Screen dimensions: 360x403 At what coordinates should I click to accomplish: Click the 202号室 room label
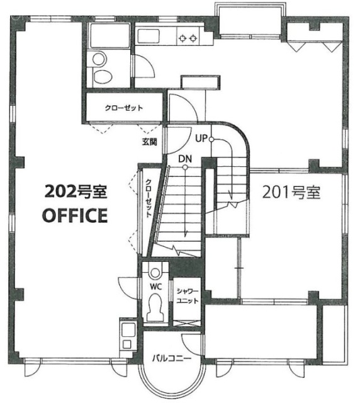[x=76, y=192]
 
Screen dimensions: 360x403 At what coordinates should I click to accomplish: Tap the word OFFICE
[x=75, y=215]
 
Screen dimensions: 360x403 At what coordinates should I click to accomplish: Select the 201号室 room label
[x=291, y=192]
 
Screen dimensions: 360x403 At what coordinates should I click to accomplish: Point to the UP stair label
[x=201, y=139]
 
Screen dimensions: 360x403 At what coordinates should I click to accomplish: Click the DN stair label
[x=185, y=159]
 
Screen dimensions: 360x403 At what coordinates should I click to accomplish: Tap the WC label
[x=156, y=287]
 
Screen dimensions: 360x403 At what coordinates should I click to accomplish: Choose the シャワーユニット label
[x=188, y=296]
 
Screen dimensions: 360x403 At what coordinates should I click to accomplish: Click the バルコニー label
[x=172, y=358]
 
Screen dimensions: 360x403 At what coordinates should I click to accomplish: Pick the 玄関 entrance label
[x=150, y=142]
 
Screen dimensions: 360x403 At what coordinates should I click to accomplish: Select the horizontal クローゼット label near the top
[x=124, y=108]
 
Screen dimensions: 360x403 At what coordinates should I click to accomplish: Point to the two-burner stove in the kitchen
[x=188, y=38]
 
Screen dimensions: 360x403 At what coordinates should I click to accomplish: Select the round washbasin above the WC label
[x=155, y=273]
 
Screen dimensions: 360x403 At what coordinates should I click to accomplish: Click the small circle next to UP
[x=211, y=140]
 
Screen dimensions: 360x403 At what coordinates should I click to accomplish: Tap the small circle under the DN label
[x=185, y=167]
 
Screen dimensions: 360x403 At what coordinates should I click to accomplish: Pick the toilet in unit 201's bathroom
[x=102, y=76]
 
